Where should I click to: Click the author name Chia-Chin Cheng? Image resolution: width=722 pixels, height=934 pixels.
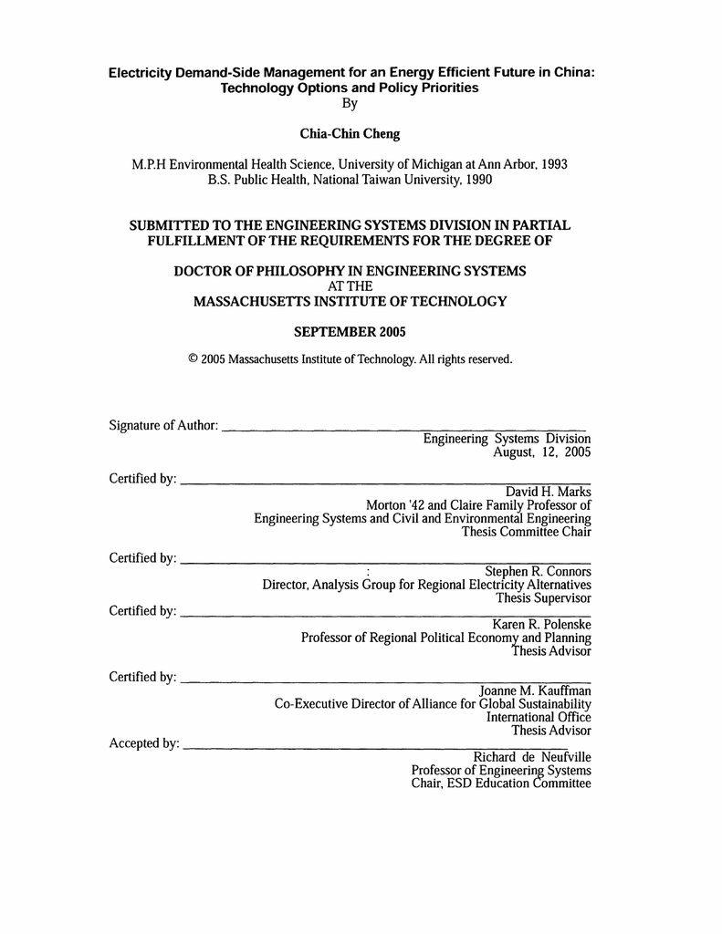point(350,134)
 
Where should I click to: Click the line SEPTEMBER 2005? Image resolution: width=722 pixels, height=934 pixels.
point(350,331)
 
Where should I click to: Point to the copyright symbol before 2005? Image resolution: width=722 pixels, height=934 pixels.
point(193,359)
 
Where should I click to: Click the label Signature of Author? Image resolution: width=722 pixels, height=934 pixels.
point(163,425)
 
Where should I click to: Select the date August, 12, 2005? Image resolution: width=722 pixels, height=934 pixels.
point(542,452)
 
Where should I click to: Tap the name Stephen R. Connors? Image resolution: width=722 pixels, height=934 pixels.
point(538,571)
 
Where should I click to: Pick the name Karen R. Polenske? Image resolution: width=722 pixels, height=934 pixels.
point(542,624)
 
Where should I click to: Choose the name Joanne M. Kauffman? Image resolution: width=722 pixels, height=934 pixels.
point(536,690)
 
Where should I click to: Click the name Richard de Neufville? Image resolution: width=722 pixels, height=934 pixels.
point(531,757)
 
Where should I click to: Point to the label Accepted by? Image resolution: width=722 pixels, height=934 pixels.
point(144,743)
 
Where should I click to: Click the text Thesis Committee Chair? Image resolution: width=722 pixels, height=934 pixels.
point(527,532)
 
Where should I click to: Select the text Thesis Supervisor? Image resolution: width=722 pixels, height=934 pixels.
point(543,598)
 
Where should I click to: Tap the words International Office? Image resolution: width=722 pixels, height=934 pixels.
point(539,717)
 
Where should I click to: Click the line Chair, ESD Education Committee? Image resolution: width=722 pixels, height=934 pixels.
point(501,784)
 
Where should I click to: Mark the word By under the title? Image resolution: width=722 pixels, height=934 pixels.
point(350,103)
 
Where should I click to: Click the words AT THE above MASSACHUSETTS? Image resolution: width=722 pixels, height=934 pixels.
point(350,286)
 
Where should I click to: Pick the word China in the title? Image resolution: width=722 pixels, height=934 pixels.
point(572,73)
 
